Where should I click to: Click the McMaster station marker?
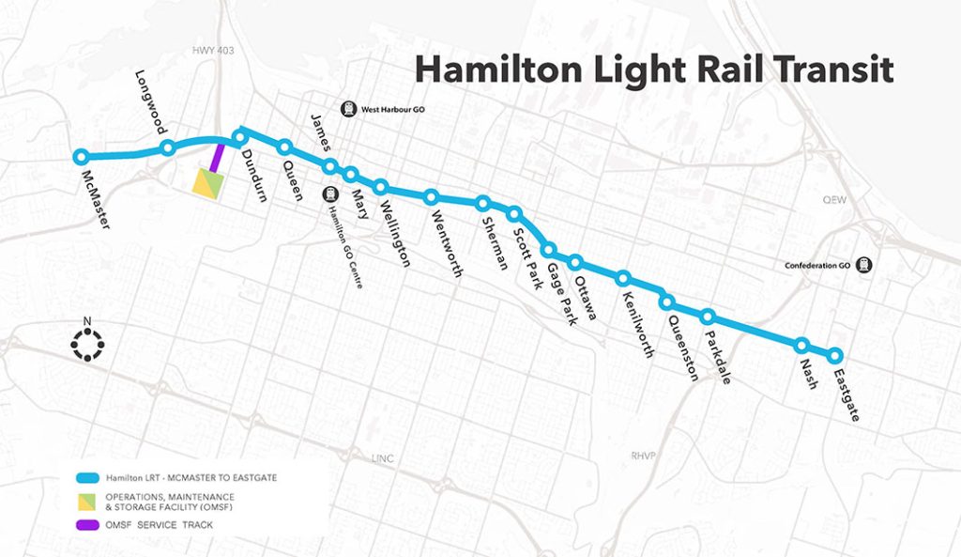[81, 157]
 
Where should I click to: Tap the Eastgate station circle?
[834, 355]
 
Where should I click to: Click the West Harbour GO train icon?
[349, 108]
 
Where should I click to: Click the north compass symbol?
[87, 345]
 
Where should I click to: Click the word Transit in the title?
[832, 69]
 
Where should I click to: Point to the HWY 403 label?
[206, 54]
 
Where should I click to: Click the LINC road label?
[382, 458]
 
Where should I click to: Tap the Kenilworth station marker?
[622, 278]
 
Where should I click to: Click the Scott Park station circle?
[513, 213]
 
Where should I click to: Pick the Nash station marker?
[801, 345]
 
